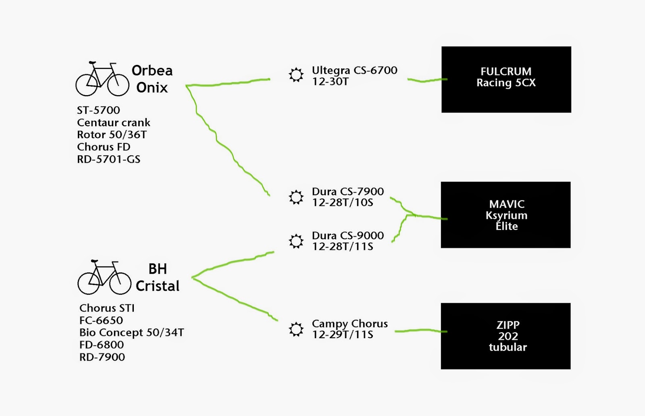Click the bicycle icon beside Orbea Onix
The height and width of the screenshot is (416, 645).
coord(102,79)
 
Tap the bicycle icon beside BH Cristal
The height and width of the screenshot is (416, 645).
coord(104,278)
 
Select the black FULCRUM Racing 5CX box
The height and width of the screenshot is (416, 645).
coord(506,79)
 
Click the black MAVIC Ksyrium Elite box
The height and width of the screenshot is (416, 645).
coord(506,215)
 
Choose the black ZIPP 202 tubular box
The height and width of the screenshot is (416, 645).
coord(506,336)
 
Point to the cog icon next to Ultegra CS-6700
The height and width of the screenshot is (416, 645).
coord(296,75)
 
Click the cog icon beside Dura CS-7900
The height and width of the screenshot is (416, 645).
coord(296,197)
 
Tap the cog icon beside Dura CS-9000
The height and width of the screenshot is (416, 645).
coord(296,241)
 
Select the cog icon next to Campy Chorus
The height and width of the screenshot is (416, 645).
coord(296,329)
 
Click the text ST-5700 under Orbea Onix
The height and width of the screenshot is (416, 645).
coord(98,110)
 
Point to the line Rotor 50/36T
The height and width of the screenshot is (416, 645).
coord(112,135)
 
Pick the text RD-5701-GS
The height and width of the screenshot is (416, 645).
coord(108,159)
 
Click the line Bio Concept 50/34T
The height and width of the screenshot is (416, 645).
coord(131,333)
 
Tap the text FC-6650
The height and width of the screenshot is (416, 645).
coord(101,320)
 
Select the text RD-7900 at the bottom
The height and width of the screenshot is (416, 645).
coord(102,357)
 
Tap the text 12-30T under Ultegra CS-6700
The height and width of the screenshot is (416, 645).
coord(330,82)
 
